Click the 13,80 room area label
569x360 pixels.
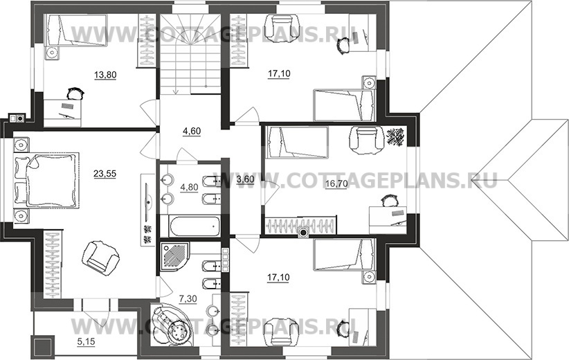[105, 75]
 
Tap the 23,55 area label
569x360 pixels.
[105, 174]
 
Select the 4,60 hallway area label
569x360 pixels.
[192, 131]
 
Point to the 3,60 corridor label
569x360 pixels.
[245, 179]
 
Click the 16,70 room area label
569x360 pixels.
[336, 183]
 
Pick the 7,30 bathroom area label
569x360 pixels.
[188, 298]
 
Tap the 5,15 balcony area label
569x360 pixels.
[86, 341]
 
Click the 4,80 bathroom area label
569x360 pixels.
[189, 187]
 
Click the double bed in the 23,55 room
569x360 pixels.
[46, 181]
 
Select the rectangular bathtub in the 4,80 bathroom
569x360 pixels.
[195, 226]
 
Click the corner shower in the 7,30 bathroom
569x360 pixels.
[174, 255]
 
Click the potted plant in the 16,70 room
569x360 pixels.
[395, 137]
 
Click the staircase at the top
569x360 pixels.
[191, 55]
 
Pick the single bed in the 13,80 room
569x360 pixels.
[75, 30]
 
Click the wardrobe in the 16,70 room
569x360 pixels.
[300, 226]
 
